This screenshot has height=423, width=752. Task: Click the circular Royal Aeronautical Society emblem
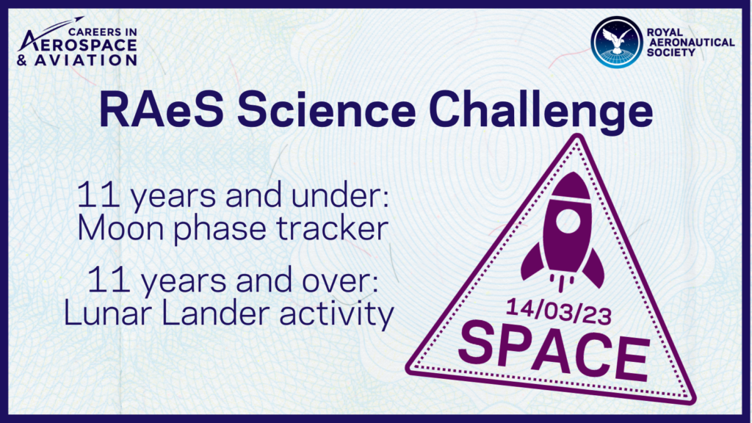(x=617, y=43)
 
